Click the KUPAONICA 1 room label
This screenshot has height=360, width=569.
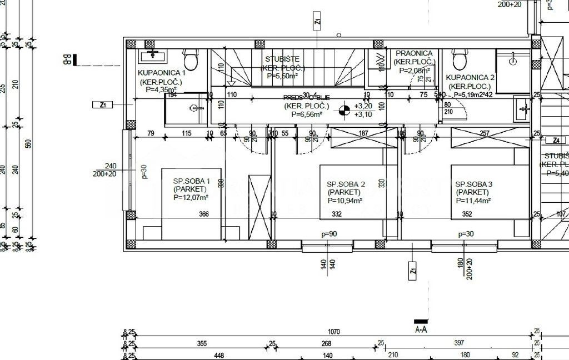point(161,72)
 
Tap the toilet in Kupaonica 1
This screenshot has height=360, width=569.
point(191,58)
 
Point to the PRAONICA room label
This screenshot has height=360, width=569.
point(414,53)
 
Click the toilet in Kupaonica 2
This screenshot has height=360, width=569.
point(460,58)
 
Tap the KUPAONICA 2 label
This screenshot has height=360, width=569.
point(470,78)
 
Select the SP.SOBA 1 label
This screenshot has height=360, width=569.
point(191,181)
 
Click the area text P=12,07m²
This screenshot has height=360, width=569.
point(191,197)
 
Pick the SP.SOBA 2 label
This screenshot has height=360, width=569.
point(345,184)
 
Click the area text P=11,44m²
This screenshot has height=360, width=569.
point(473,200)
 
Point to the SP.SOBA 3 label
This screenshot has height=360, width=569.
point(474,184)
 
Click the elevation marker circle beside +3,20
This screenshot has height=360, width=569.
point(345,109)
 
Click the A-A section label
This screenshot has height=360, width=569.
point(421,329)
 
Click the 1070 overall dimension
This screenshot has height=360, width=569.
point(333,332)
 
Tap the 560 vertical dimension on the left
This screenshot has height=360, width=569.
point(28,143)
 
